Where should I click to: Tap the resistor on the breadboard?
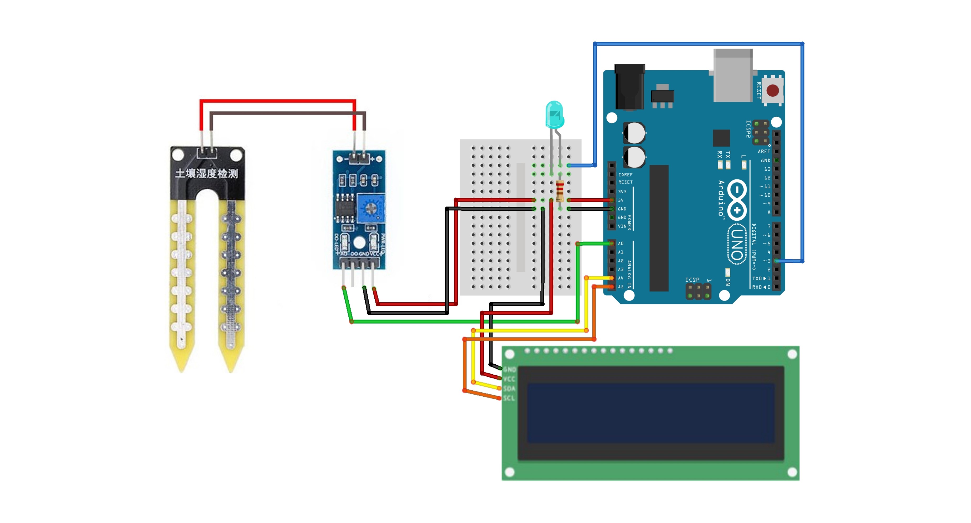point(560,190)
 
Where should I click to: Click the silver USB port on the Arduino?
point(732,75)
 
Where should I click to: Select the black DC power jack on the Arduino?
point(629,87)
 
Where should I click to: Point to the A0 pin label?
point(621,244)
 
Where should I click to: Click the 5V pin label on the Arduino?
point(621,200)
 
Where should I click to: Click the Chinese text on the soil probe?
point(206,174)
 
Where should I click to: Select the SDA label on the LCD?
point(509,389)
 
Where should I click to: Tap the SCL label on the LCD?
point(509,398)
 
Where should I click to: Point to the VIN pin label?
point(622,226)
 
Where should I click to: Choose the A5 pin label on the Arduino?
point(621,287)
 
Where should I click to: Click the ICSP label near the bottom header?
point(692,279)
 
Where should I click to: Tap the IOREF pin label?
point(625,174)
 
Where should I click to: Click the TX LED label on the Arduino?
point(728,154)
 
